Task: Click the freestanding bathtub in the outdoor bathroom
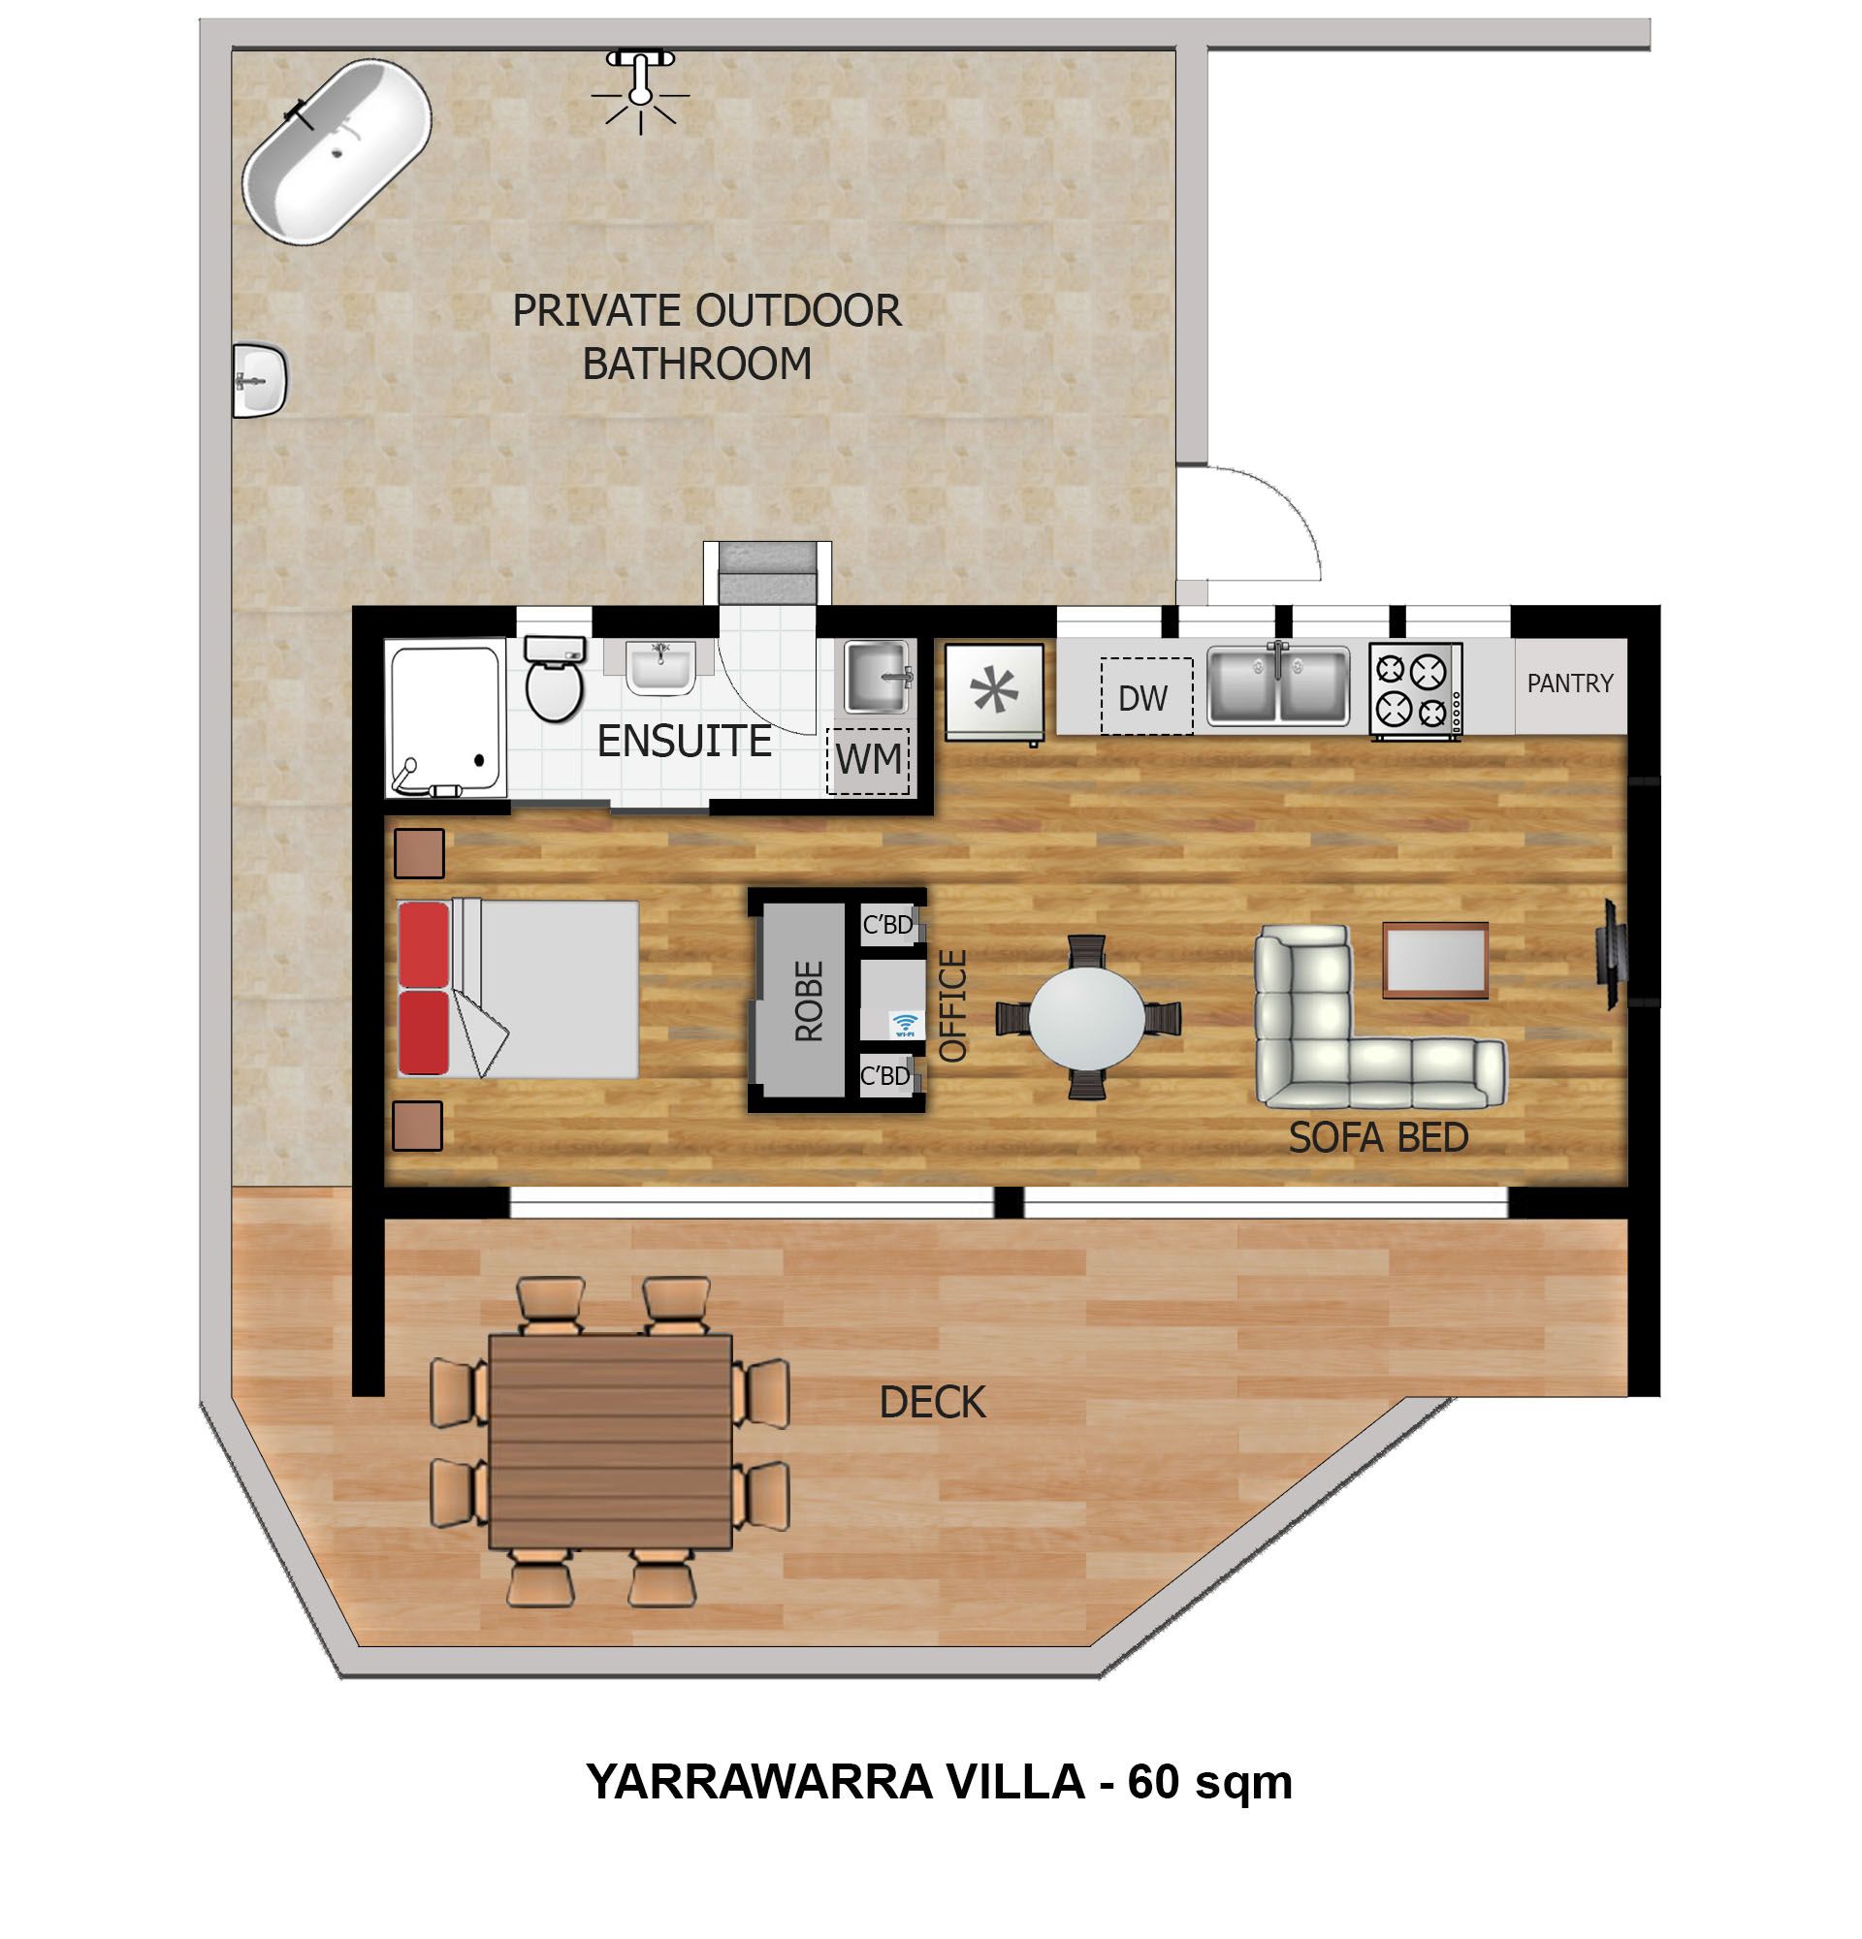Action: click(337, 151)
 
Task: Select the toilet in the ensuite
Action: click(554, 678)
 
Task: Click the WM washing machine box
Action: click(868, 760)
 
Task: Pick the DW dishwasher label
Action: click(1142, 698)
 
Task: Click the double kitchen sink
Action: click(1277, 684)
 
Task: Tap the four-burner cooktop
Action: click(1415, 689)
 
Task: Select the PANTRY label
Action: click(1569, 683)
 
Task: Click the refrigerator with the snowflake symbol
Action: click(993, 692)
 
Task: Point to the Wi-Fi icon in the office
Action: click(904, 1024)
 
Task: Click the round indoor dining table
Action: click(1086, 1017)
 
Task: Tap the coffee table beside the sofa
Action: click(1434, 960)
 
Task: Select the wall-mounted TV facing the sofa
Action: click(1610, 954)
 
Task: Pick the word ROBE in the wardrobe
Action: click(808, 1001)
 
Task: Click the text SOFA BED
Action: click(1378, 1137)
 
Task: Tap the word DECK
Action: click(932, 1402)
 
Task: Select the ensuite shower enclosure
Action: click(445, 718)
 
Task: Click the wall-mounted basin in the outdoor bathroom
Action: click(259, 381)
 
